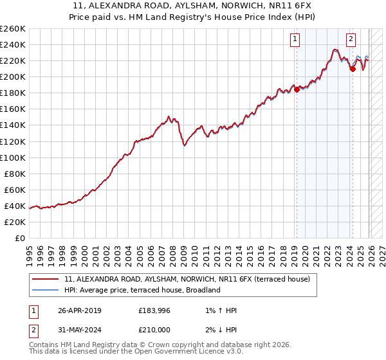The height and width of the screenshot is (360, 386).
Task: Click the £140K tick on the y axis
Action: tap(13, 125)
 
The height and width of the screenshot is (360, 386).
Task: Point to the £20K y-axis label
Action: tap(15, 222)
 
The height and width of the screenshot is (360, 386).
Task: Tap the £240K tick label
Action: tap(13, 44)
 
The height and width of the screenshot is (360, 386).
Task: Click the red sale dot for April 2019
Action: tap(297, 90)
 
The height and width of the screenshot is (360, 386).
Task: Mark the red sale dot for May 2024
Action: tap(353, 69)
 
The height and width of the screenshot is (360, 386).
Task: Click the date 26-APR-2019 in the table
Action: tap(79, 310)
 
